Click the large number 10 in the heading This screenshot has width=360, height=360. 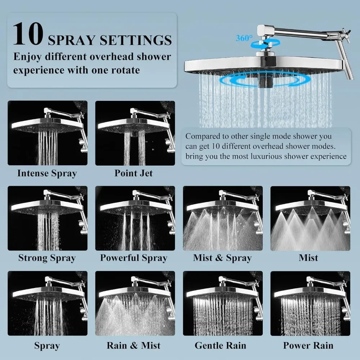tap(28, 34)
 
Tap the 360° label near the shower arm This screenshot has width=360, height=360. tap(244, 38)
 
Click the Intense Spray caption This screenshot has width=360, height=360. tap(47, 174)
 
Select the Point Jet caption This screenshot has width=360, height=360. tap(134, 173)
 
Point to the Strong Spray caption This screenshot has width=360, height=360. tap(47, 258)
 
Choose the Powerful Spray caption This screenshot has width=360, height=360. tap(134, 258)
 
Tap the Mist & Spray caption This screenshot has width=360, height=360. tap(222, 258)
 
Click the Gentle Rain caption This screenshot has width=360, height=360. tap(220, 345)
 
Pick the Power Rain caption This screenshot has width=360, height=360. tap(308, 345)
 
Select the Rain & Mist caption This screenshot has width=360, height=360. tap(134, 345)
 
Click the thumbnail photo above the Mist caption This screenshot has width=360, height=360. tap(310, 218)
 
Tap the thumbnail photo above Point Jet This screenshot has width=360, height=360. tap(135, 133)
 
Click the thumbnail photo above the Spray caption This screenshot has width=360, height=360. tap(48, 303)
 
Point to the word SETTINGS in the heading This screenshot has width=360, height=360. tap(136, 40)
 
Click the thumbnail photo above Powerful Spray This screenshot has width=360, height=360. tap(135, 218)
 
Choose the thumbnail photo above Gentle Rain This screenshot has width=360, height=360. tap(223, 303)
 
